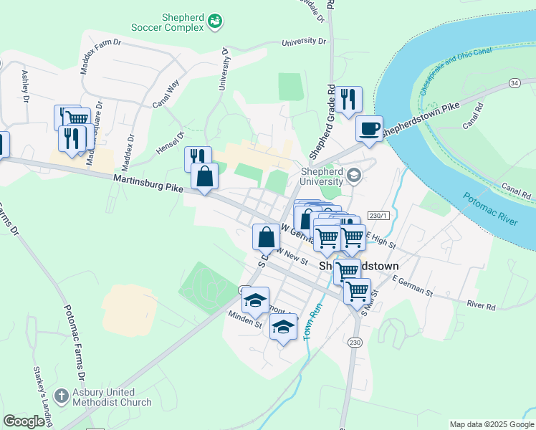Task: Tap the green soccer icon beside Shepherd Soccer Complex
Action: (214, 23)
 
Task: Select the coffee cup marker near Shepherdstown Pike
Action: (369, 129)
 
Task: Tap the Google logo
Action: (24, 421)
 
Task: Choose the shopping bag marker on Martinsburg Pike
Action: (204, 176)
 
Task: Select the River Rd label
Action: (481, 305)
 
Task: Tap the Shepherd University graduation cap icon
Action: (353, 175)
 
